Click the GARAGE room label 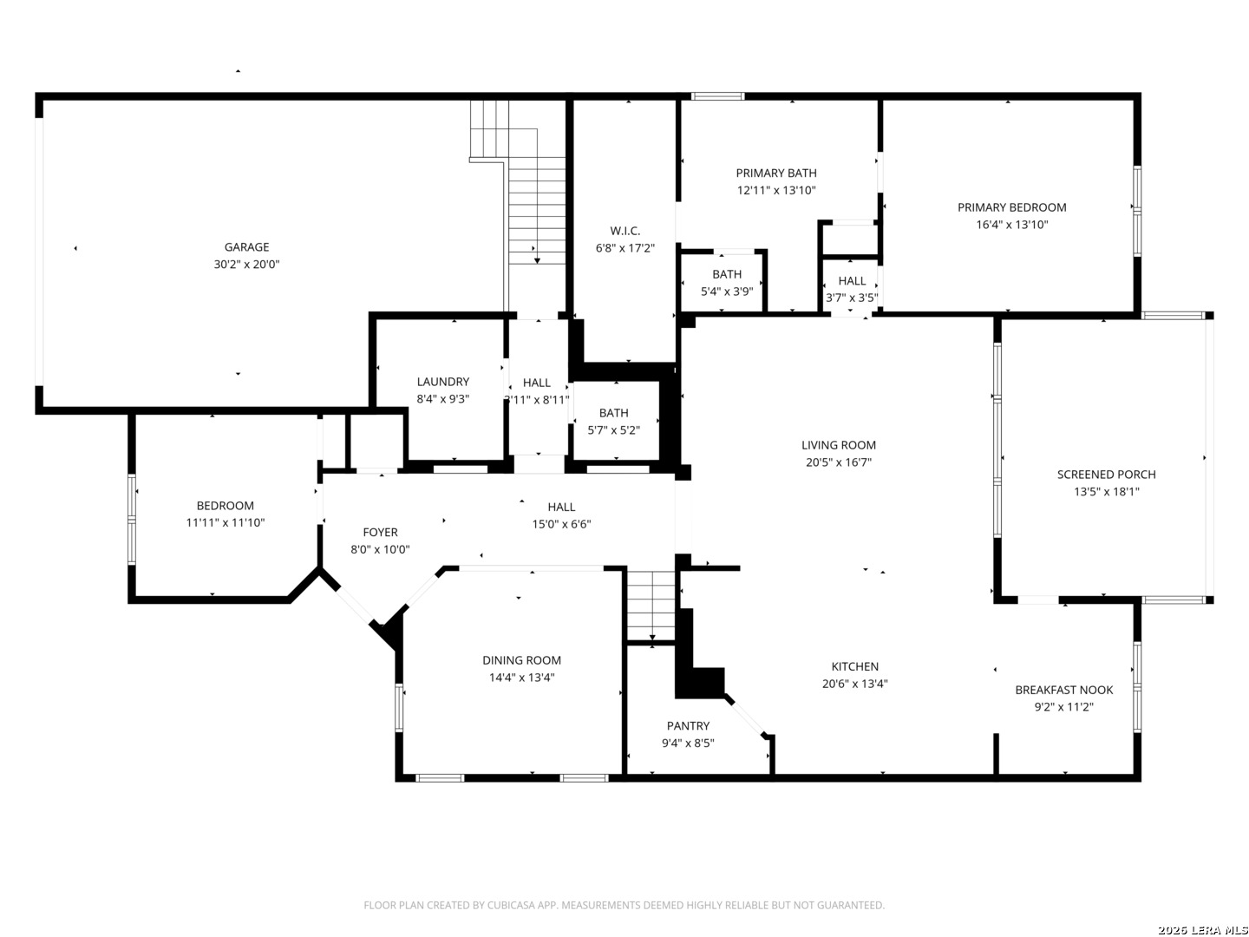click(x=246, y=247)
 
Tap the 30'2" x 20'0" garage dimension click(x=246, y=264)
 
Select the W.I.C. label click(x=624, y=231)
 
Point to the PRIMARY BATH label click(x=776, y=173)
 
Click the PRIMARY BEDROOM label click(x=1011, y=207)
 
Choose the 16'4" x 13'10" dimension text click(x=1011, y=225)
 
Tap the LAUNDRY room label click(x=442, y=382)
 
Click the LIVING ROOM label click(x=838, y=445)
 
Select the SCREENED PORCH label click(x=1106, y=475)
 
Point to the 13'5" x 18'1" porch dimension click(x=1106, y=492)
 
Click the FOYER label click(x=380, y=533)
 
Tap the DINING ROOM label click(x=521, y=660)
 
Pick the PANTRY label click(x=688, y=726)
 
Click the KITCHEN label click(x=854, y=667)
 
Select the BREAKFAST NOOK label click(x=1064, y=690)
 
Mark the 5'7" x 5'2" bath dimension click(x=613, y=430)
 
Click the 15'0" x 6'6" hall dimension click(x=561, y=524)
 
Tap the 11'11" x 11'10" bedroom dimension click(x=226, y=522)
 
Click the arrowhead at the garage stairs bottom click(x=537, y=260)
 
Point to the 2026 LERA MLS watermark click(x=1202, y=929)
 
